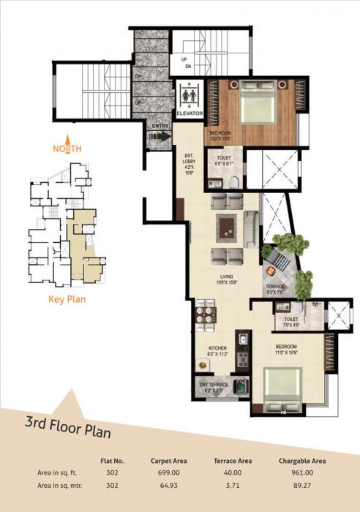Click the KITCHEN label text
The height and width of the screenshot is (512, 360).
coord(217,349)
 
